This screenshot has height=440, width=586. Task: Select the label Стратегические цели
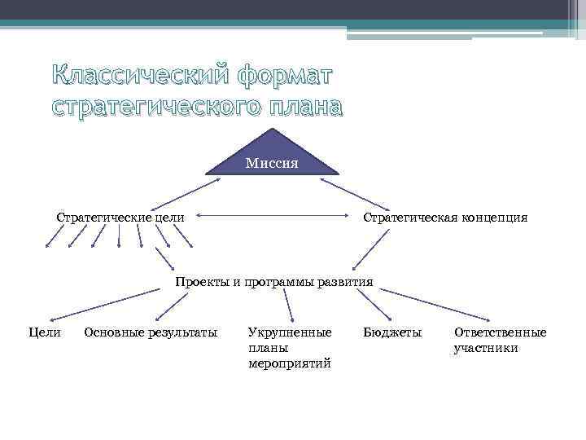pyautogui.click(x=120, y=218)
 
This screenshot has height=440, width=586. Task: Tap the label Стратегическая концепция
pyautogui.click(x=445, y=218)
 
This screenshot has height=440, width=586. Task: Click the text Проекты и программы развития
pyautogui.click(x=274, y=282)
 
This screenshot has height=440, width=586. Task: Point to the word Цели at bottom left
pyautogui.click(x=44, y=332)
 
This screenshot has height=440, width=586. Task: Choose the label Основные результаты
pyautogui.click(x=151, y=332)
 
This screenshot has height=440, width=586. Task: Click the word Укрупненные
pyautogui.click(x=290, y=332)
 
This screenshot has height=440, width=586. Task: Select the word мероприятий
pyautogui.click(x=290, y=363)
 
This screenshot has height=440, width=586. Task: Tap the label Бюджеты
pyautogui.click(x=392, y=332)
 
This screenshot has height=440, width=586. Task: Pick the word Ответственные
pyautogui.click(x=500, y=332)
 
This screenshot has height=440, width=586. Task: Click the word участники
pyautogui.click(x=486, y=348)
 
